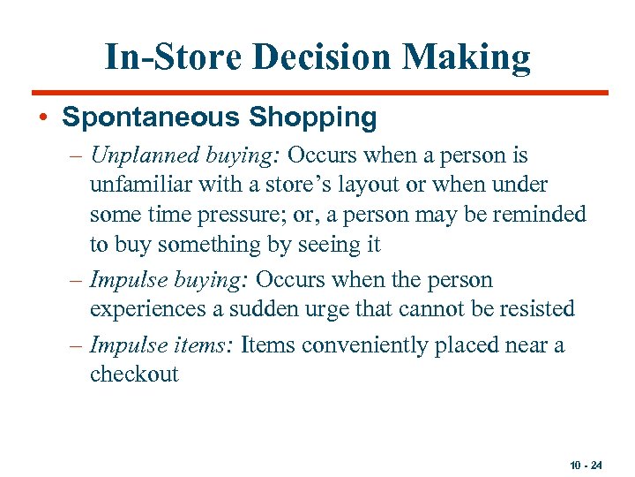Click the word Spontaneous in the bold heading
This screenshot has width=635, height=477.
pos(155,117)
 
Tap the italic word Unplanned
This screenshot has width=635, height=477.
pos(134,156)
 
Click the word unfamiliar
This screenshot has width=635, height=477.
pos(141,185)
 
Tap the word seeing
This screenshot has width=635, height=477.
pos(326,244)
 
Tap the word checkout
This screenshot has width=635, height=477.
pos(134,374)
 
